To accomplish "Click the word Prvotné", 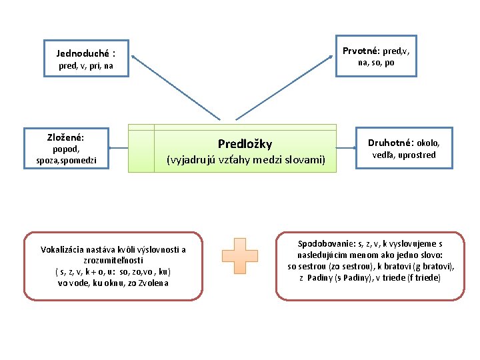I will [x=361, y=51].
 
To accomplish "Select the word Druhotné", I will [x=391, y=143].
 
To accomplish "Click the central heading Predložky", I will [x=245, y=144].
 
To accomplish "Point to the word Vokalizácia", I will [x=65, y=250].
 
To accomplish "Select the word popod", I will [x=65, y=149].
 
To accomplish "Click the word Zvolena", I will [x=154, y=283].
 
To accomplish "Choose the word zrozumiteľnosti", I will [x=113, y=261].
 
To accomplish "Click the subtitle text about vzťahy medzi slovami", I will [x=245, y=160].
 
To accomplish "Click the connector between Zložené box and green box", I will [x=119, y=148].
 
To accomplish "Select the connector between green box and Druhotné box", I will [x=346, y=147].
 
